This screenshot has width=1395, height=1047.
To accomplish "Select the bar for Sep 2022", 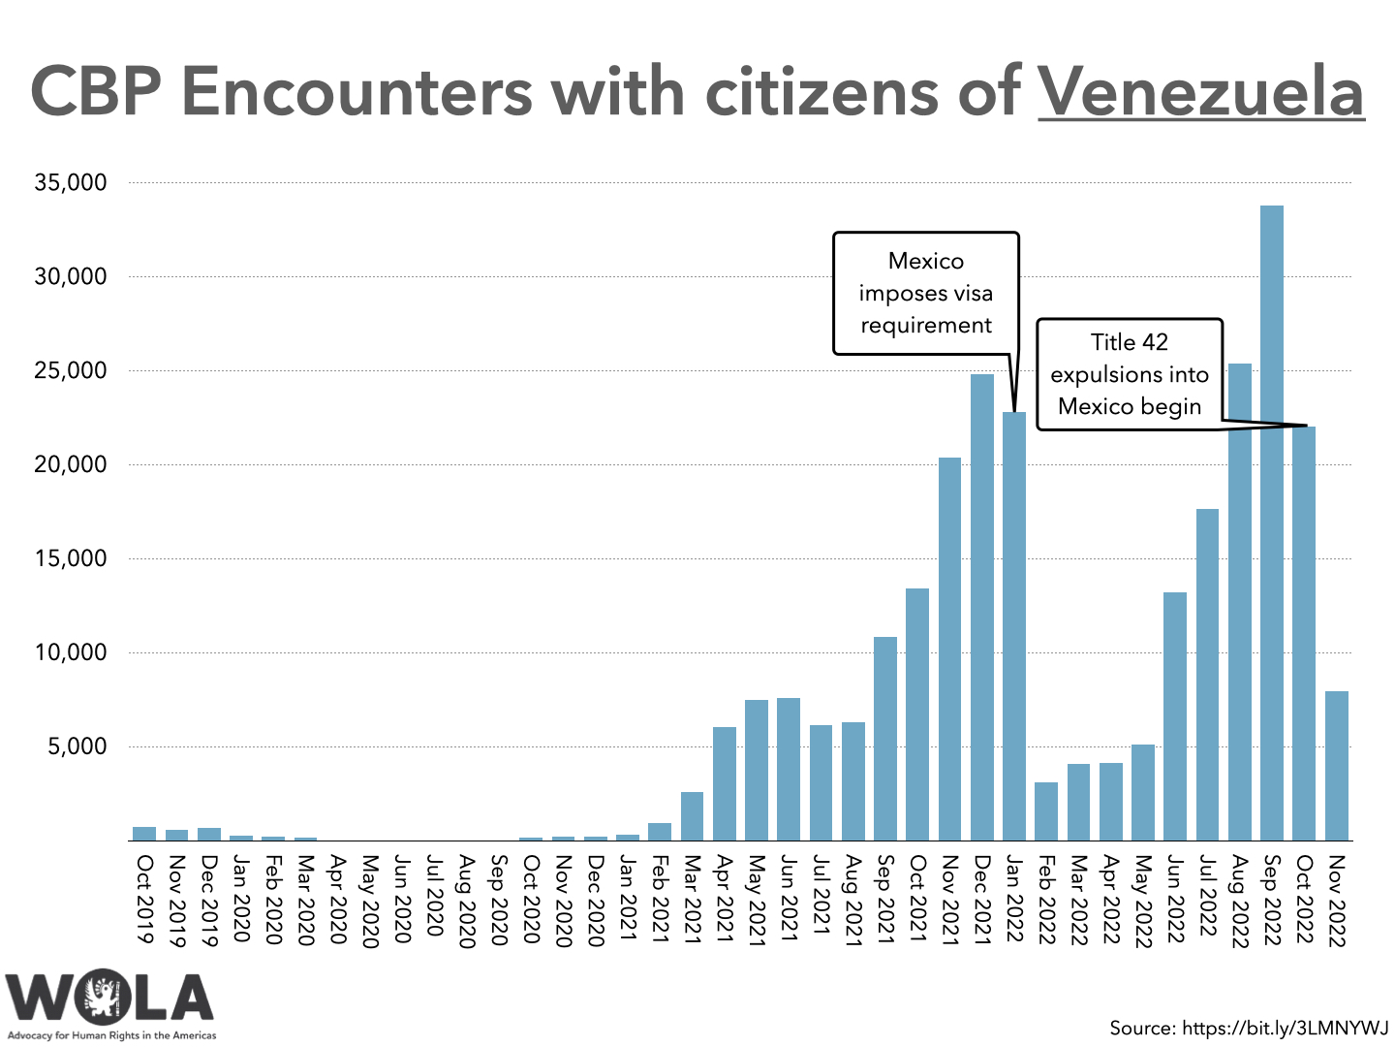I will pos(1272,523).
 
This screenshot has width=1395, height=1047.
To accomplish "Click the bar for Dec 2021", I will pos(982,607).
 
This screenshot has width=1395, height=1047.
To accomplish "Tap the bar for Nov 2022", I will pos(1337,766).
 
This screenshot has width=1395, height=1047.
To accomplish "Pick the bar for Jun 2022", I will pos(1175,716).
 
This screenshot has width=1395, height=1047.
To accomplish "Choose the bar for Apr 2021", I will pos(725,783).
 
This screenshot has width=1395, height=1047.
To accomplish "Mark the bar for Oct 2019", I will pos(144,834).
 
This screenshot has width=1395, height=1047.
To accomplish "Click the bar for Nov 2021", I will pos(950,649).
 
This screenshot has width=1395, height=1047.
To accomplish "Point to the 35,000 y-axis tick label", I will pos(71,182).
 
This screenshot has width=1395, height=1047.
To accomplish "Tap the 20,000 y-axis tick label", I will pos(71,464).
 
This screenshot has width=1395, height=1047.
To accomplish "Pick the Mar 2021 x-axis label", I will pos(693,899).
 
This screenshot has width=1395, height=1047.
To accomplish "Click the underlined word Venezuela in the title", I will pos(1201,92).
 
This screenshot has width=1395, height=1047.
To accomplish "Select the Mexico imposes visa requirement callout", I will pos(926,293).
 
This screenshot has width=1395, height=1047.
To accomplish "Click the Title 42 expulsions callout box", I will pos(1130,374).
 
